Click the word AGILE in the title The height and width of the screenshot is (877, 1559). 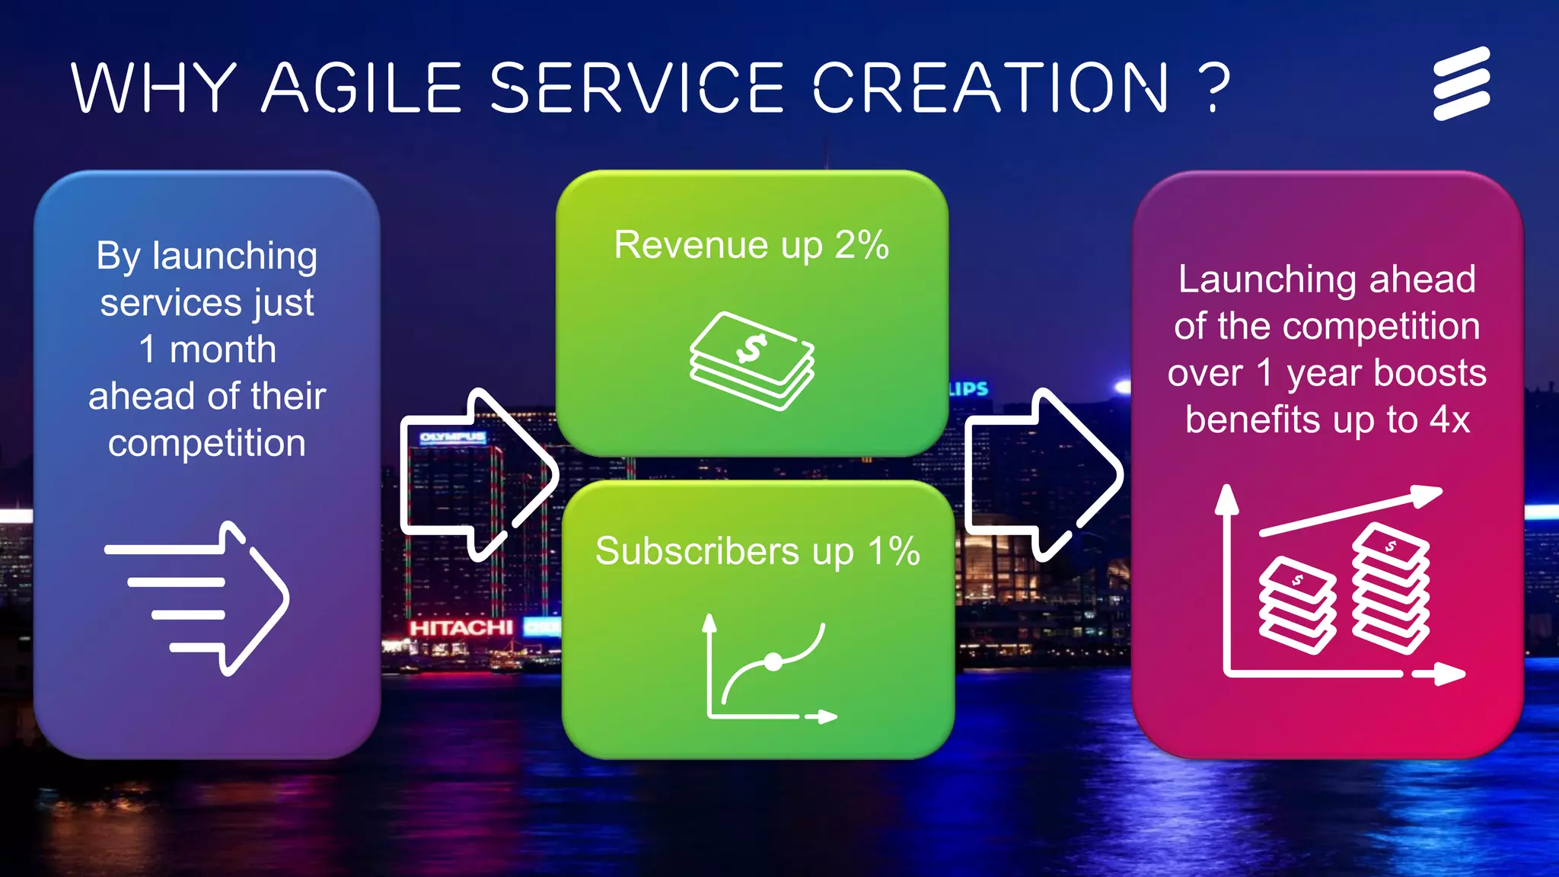[362, 88]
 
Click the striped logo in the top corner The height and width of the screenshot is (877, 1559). [1462, 84]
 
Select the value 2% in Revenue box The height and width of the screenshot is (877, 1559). [862, 245]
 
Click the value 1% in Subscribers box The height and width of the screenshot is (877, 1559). [894, 551]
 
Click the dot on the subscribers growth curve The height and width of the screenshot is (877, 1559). [773, 662]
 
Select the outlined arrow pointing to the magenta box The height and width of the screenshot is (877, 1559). [1044, 474]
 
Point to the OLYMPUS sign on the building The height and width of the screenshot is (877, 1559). [452, 437]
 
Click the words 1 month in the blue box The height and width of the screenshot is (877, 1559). [207, 350]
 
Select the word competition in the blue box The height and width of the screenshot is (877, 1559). [207, 443]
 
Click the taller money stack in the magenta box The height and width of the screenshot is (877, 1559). [1391, 588]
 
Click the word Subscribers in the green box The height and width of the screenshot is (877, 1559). [697, 551]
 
